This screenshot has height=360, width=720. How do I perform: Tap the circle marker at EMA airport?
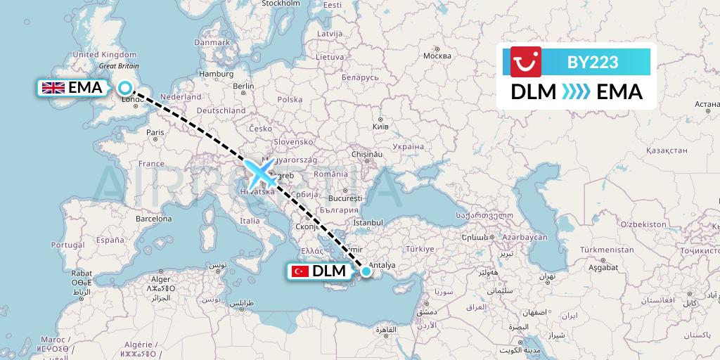(125, 88)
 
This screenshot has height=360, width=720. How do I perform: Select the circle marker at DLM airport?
(366, 271)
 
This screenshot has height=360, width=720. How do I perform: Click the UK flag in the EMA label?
(53, 88)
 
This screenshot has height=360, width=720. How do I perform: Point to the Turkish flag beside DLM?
(301, 271)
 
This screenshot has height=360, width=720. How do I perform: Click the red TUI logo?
(522, 63)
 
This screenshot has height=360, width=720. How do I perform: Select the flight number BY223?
(593, 63)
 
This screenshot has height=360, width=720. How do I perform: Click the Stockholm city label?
(281, 4)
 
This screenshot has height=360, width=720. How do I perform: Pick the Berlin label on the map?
(243, 86)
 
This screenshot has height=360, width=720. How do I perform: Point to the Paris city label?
(155, 131)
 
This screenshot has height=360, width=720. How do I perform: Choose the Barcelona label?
(154, 219)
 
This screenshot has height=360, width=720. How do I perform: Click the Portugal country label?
(68, 245)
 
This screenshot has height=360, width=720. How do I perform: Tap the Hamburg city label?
(217, 74)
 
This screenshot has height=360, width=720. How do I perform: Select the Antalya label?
(383, 265)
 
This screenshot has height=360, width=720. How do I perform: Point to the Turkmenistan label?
(607, 251)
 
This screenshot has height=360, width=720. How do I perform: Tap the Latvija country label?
(329, 33)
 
